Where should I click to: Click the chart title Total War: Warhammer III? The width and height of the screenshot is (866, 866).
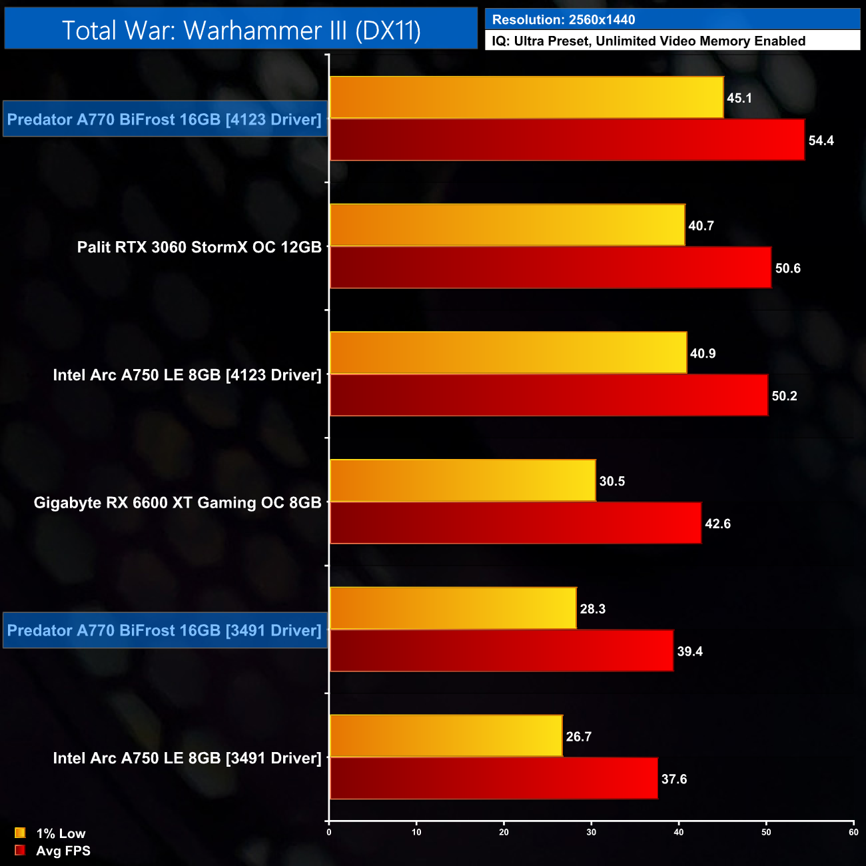click(x=241, y=31)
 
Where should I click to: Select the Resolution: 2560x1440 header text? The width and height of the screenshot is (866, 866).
click(x=564, y=20)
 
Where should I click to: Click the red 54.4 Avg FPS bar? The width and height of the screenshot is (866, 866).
click(x=567, y=141)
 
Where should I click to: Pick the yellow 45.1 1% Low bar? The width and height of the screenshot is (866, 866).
click(x=526, y=98)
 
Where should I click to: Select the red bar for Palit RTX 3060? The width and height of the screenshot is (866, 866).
click(x=550, y=268)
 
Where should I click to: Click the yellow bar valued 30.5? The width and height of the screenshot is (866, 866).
click(x=462, y=481)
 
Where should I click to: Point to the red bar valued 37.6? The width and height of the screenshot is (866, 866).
click(x=494, y=778)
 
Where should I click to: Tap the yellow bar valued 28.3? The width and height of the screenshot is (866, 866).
click(x=453, y=608)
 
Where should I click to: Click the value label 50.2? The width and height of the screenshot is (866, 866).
click(x=784, y=396)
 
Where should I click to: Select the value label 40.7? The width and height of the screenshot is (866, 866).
click(x=701, y=226)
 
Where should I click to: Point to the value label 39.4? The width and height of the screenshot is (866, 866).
click(x=689, y=651)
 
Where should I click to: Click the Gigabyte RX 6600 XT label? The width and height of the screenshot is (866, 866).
click(x=178, y=503)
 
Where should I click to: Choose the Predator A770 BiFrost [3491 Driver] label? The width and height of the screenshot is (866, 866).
click(x=165, y=630)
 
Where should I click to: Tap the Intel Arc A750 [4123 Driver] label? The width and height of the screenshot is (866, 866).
click(x=187, y=375)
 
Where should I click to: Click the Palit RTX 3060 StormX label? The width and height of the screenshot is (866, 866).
click(x=199, y=247)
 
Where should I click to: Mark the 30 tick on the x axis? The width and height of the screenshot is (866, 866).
click(x=592, y=832)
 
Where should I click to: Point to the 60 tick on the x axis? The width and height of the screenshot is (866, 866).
click(x=853, y=832)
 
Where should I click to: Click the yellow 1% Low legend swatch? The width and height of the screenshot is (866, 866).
click(x=20, y=833)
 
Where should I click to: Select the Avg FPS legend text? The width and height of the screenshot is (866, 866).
click(x=63, y=851)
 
